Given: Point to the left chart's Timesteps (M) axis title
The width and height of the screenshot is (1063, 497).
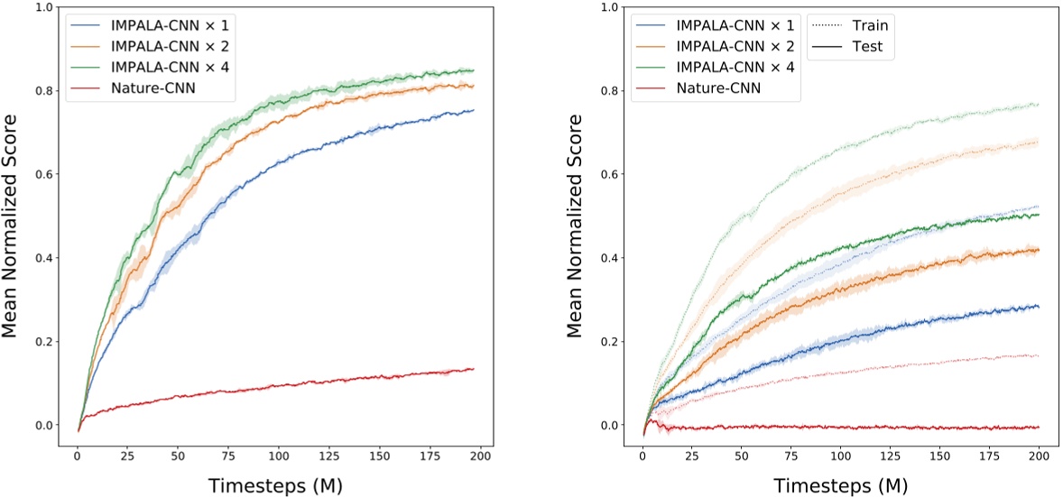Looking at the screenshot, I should pos(275,484).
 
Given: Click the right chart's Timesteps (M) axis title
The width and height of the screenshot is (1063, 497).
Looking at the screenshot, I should pos(840,484).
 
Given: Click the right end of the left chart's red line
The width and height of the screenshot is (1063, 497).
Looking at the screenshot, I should pos(473,369).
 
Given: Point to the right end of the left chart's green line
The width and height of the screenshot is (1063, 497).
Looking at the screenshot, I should pos(473,70).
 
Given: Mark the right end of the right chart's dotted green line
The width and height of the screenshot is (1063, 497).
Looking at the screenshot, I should pos(1039,105).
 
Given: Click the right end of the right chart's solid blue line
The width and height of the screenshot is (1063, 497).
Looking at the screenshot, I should pos(1039,307).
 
